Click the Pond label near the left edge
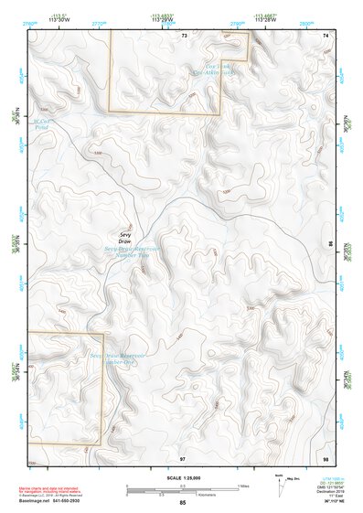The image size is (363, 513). (38, 123)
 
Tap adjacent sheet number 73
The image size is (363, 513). (184, 35)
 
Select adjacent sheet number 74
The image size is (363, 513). (325, 35)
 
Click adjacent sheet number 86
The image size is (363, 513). (330, 245)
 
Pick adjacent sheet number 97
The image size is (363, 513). (183, 456)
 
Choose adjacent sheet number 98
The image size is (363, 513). (325, 456)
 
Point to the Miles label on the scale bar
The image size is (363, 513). (241, 486)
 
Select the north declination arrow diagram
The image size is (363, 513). (282, 484)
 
